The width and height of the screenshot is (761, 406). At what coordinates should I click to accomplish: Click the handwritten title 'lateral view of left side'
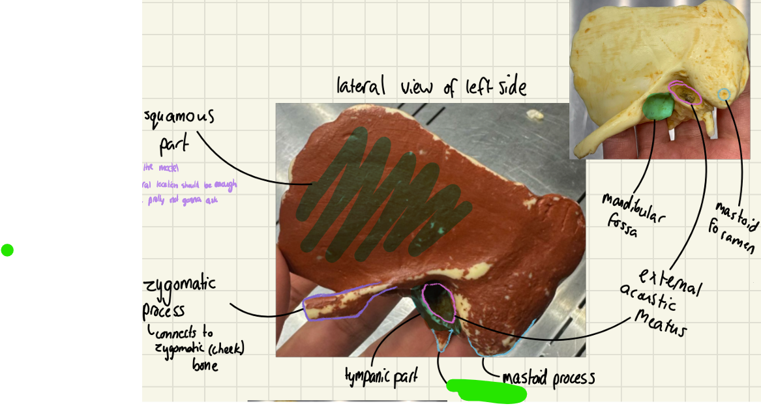coord(430,86)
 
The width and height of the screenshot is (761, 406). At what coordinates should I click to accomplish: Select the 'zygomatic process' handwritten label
coord(179,297)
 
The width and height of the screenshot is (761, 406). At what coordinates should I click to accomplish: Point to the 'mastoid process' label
coord(548,379)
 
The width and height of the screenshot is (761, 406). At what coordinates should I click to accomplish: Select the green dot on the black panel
coord(7,250)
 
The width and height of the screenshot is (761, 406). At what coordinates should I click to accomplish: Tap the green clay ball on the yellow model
coord(659,107)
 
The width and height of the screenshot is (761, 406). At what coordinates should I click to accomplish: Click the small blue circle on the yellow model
coord(723,94)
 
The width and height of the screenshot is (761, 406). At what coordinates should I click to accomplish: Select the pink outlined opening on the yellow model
coord(685,94)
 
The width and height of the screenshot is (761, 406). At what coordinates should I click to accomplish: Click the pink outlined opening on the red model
coord(438,302)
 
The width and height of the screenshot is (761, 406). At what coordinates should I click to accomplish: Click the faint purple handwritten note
coord(189,184)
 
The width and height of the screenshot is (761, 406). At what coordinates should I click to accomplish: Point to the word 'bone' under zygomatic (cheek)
coord(205,365)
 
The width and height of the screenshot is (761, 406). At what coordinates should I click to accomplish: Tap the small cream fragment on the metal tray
coord(536,115)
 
